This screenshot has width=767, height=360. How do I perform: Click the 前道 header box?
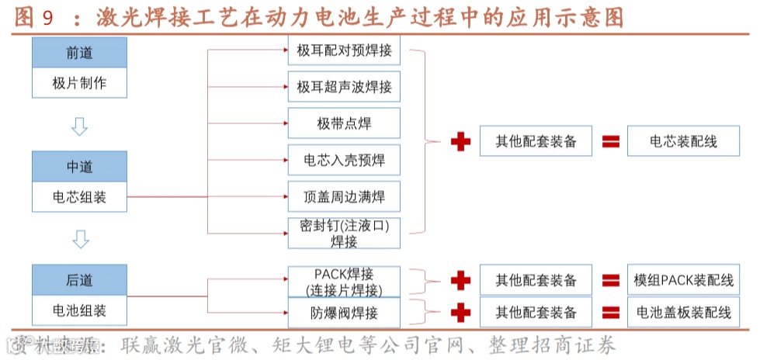pos(79,53)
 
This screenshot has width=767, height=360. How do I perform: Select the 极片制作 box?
pos(79,83)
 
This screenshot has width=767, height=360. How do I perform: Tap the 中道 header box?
pos(79,167)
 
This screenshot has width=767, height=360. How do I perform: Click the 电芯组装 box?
pos(79,197)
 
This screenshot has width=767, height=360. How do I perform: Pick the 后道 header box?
pos(79,280)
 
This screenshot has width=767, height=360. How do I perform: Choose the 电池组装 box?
pos(79,311)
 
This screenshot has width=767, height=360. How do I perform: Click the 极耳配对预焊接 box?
pos(344,52)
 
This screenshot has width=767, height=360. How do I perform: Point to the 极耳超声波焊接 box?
pos(344,87)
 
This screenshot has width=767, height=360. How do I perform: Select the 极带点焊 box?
pos(344,123)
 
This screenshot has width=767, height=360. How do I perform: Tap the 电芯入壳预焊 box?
pos(344,160)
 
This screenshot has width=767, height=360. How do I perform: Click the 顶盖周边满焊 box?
pos(344,196)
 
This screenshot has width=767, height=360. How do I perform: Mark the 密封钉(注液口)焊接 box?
pos(344,233)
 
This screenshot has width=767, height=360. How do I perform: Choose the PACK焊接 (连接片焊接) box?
pos(344,282)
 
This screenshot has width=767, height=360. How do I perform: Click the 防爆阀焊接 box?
pos(344,313)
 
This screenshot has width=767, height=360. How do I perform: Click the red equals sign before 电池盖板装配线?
pos(611,313)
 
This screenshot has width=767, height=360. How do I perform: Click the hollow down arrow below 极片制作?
pos(79,126)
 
